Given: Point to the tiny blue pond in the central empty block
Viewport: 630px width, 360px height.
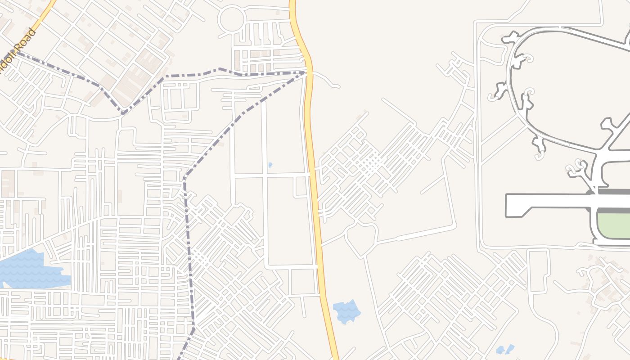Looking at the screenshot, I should [270, 165].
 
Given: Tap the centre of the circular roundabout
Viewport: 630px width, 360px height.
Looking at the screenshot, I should [232, 19].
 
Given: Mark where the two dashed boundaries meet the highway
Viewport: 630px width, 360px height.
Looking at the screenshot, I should [308, 72].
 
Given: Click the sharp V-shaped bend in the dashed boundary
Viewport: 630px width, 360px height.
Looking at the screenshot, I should [122, 112].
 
